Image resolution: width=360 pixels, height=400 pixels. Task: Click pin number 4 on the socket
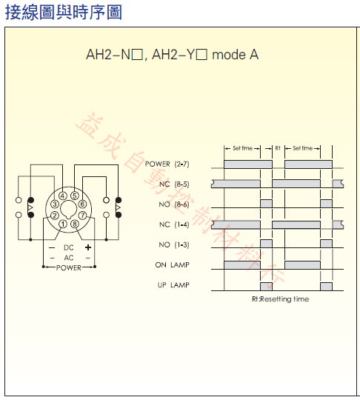pos(63,196)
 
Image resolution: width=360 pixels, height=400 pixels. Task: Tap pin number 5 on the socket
pos(75,196)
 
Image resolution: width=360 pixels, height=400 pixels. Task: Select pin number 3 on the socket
pos(55,204)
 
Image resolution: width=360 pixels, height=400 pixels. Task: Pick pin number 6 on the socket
pos(82,204)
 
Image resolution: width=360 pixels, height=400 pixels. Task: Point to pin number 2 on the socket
pos(55,216)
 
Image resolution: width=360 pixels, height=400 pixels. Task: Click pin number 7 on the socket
pos(82,216)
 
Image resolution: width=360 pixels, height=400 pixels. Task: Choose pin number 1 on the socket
pos(63,224)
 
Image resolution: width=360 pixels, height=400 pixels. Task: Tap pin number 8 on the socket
pos(75,224)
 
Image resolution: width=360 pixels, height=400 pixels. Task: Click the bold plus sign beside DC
pos(88,247)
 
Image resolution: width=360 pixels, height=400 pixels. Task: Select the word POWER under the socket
pos(69,268)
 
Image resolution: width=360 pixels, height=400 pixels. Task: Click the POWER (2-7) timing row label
pos(167,164)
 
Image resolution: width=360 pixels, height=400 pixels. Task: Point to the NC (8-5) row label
pos(174,184)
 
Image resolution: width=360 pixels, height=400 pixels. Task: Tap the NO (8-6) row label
pos(174,204)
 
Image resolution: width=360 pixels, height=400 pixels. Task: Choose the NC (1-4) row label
pos(174,224)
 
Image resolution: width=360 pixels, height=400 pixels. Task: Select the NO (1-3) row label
pos(174,244)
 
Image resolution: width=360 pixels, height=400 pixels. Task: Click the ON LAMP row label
pos(172,264)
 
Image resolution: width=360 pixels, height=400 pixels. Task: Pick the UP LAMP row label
pos(173,285)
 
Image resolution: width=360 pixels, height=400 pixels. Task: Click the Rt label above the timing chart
pos(278,148)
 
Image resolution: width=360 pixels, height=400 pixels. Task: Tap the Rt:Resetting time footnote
pos(281,299)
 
